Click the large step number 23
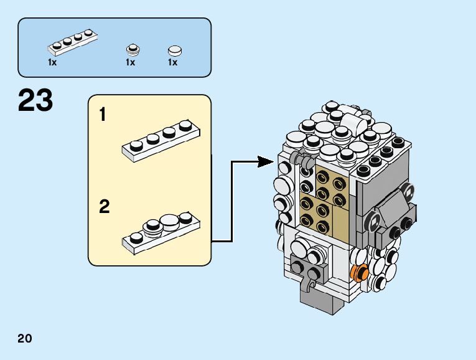point(35,101)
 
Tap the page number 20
point(25,339)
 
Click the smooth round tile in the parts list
point(174,50)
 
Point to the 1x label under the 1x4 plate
point(52,63)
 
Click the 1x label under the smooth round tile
point(172,63)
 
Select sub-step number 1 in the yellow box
point(103,115)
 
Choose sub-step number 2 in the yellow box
point(104,207)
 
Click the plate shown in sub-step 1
point(161,140)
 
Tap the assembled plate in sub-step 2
point(160,231)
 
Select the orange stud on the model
point(358,272)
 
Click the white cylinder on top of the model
point(352,120)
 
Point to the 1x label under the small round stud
point(131,63)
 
